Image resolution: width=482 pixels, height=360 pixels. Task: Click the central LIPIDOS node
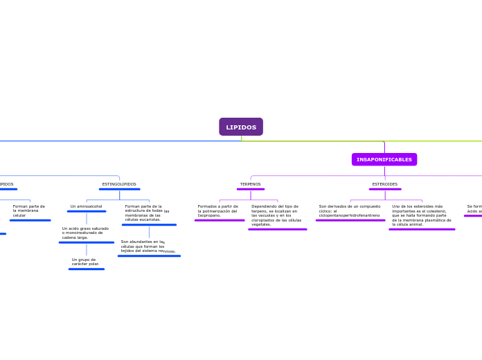241,127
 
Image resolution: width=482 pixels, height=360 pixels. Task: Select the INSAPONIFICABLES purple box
384,160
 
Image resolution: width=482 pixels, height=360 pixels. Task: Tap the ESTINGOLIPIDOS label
119,184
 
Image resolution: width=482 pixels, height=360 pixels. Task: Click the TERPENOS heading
251,184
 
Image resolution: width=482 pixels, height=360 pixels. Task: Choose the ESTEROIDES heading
385,184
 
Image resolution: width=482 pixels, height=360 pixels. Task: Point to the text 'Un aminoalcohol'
86,206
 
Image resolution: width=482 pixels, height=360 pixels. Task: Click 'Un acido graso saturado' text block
85,233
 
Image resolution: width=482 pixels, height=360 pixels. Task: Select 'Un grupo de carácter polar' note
85,262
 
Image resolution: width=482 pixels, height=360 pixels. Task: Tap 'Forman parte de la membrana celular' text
29,210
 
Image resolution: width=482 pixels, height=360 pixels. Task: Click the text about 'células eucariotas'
147,213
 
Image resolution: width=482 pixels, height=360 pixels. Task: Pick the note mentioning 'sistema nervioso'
148,246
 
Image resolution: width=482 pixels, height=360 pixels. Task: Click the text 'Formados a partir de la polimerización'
217,210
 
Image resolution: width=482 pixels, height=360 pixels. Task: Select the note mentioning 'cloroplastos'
276,215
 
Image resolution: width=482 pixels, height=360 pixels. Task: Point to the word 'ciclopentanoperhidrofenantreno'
350,215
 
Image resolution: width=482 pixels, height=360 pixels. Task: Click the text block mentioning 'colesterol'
421,215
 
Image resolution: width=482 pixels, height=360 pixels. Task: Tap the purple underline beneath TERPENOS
251,189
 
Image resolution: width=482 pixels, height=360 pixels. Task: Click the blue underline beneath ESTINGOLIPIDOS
119,189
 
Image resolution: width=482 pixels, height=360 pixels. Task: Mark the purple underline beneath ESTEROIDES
385,189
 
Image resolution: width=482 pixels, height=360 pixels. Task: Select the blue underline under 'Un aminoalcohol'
87,211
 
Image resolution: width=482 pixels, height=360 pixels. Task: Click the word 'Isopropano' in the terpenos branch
209,215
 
